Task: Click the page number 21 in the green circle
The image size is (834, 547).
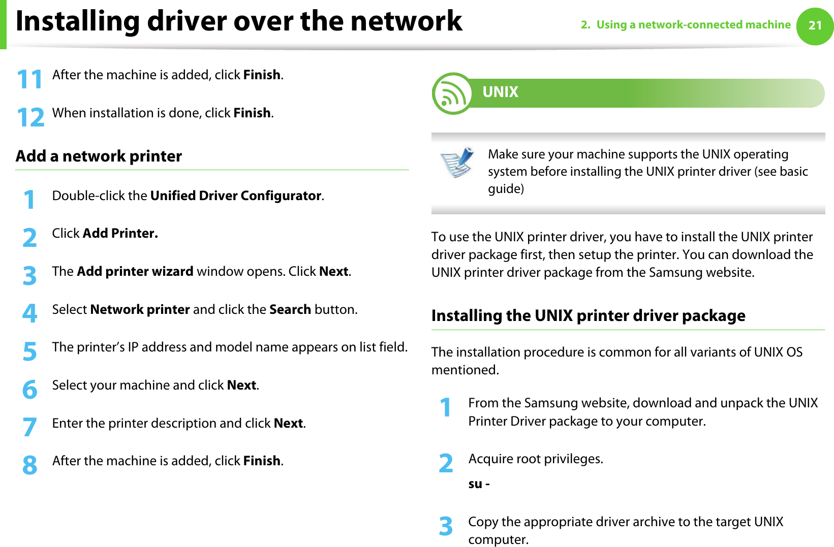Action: coord(815,26)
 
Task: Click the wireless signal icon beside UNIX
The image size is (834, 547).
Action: coord(452,93)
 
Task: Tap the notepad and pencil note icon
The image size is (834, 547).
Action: coord(457,163)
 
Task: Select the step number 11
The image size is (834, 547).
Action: coord(29,80)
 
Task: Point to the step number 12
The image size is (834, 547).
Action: coord(30,117)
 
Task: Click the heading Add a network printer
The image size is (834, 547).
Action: coord(99,156)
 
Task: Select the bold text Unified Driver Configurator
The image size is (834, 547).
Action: coord(236,196)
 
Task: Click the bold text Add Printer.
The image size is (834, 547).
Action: coord(120,233)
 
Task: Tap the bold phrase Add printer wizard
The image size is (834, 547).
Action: coord(135,271)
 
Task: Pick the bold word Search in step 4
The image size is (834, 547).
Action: coord(290,309)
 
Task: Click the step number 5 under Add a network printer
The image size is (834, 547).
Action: coord(30,351)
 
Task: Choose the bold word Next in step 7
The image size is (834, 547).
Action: coord(288,423)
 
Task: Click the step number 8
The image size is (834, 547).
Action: coord(30,465)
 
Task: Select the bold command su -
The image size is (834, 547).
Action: coord(479,484)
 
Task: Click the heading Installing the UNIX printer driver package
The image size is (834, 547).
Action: coord(588,315)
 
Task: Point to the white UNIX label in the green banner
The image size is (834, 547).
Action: coord(500,92)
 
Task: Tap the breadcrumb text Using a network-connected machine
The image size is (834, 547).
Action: coord(693,24)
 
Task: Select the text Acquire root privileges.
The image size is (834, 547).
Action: coord(536,459)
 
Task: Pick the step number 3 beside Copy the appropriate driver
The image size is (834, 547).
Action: coord(446,526)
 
